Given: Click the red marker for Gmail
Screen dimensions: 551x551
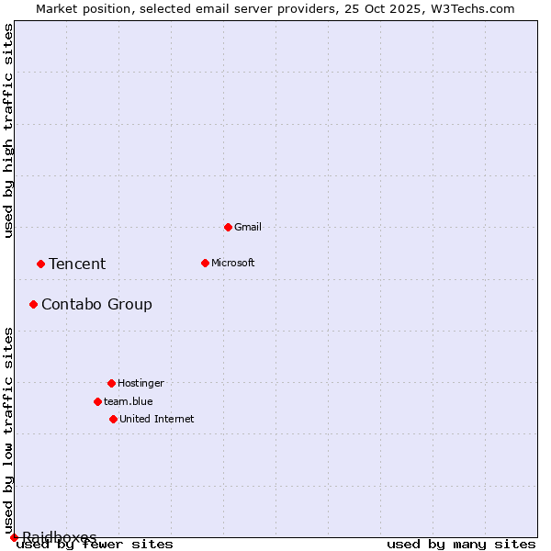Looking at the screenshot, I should coord(228,227).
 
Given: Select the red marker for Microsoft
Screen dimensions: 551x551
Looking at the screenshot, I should coord(205,263).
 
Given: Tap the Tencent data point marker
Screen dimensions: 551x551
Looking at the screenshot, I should coord(40,264).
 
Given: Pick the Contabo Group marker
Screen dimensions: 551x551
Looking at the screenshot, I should coord(33,304).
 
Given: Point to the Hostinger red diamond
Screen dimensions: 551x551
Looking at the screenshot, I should coord(111,383).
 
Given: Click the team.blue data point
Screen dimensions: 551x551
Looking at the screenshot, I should coord(97,401).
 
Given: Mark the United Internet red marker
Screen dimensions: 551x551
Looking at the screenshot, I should coord(113,419).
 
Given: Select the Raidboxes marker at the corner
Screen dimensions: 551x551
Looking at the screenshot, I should coord(14,537).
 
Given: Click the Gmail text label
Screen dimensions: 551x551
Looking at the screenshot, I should coord(248,227).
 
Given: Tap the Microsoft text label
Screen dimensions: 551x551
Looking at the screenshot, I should coord(232,263).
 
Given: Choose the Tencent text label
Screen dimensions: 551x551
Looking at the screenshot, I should coord(77,264).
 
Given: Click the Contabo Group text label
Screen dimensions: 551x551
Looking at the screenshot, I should coord(96,304).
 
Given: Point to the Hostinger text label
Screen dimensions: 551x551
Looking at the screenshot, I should coord(141,383).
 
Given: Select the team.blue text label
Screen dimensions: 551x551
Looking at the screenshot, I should coord(128,401).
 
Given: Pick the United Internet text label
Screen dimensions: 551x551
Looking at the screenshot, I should coord(156,419).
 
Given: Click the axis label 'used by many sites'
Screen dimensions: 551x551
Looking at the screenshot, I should coord(461,544).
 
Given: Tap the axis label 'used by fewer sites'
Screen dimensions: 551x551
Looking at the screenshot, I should coord(95,544).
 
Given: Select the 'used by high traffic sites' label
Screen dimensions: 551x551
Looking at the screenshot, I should coord(9,130).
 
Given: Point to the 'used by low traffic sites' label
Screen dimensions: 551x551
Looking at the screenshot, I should coord(9,430).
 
